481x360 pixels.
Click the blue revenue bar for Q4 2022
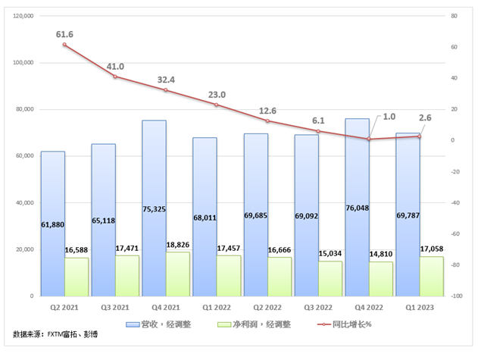click(x=357, y=174)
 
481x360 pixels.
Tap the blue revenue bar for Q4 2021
click(x=154, y=174)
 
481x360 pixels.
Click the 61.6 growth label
click(x=64, y=35)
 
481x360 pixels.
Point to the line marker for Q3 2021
click(x=115, y=77)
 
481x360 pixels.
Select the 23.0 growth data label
click(x=217, y=95)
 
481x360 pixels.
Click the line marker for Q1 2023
click(x=419, y=136)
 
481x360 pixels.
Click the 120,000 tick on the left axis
click(x=25, y=16)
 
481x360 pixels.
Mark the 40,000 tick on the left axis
click(x=27, y=202)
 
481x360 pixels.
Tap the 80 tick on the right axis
click(x=454, y=16)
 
